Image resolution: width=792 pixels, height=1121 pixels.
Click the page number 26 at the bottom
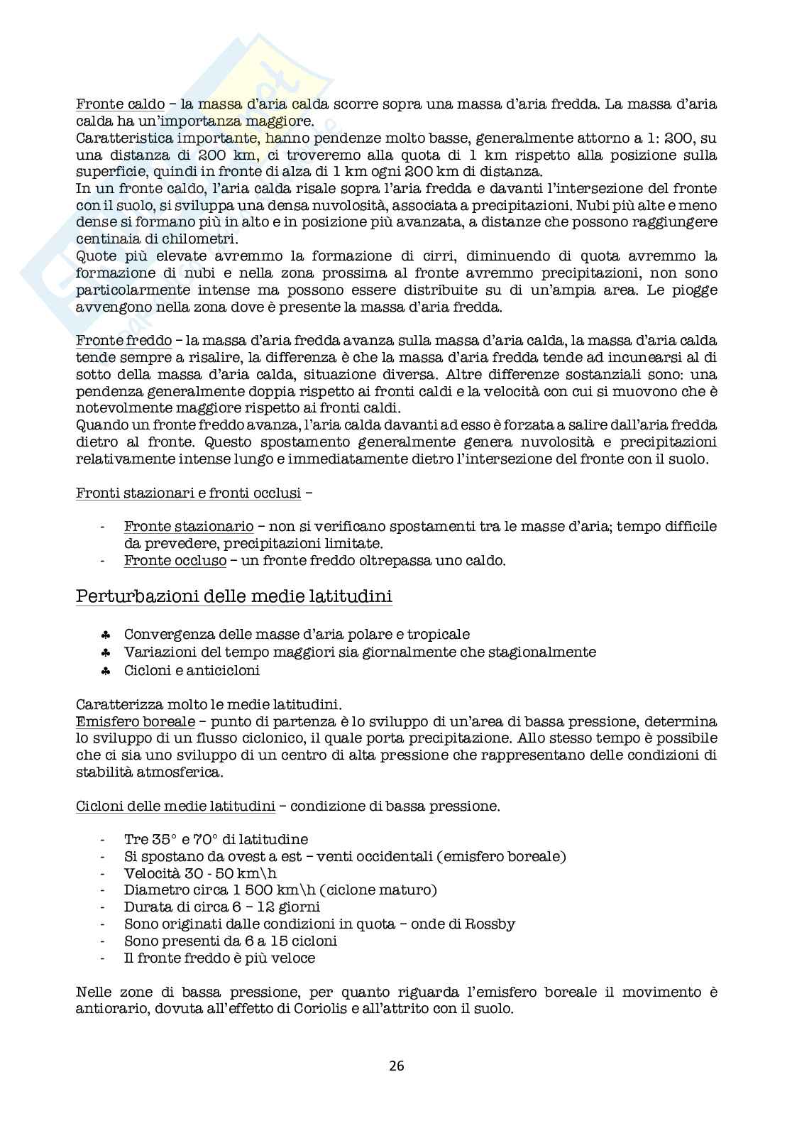click(396, 1065)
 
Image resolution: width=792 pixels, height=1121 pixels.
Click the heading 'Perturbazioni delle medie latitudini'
click(233, 596)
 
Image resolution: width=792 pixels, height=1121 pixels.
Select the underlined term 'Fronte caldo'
click(110, 104)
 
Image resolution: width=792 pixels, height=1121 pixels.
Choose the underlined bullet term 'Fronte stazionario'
click(189, 526)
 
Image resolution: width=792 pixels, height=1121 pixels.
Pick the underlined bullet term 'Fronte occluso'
click(175, 560)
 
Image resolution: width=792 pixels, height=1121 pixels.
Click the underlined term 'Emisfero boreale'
click(135, 721)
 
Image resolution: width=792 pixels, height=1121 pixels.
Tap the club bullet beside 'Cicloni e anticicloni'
click(104, 670)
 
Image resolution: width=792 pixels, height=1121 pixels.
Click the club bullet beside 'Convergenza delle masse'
click(104, 635)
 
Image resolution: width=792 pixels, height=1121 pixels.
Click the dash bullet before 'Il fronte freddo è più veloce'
click(104, 958)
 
